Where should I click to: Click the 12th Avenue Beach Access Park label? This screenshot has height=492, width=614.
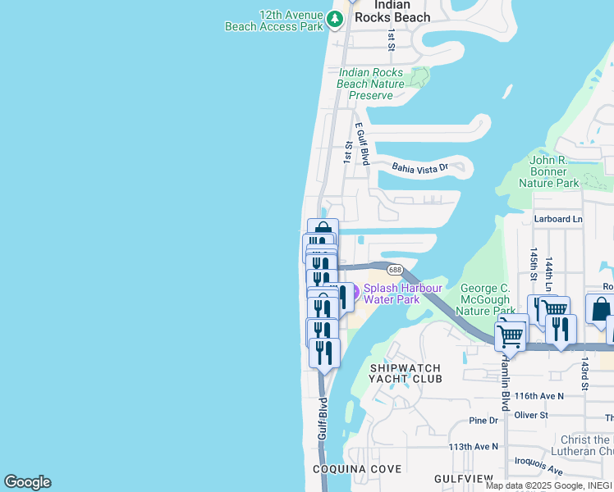[x=275, y=20]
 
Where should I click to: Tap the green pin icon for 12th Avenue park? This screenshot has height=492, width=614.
[x=335, y=18]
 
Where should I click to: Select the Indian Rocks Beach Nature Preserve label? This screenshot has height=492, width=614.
[x=371, y=84]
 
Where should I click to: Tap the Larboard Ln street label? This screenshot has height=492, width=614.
[x=557, y=220]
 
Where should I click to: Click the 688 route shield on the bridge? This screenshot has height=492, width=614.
[x=395, y=270]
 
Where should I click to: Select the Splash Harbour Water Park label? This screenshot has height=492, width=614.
[x=402, y=294]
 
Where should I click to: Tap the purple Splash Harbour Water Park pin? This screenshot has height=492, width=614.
[x=355, y=292]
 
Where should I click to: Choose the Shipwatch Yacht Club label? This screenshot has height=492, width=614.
[x=406, y=373]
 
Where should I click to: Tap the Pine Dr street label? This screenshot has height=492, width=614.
[x=483, y=421]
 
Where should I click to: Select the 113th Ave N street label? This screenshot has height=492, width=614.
[x=474, y=447]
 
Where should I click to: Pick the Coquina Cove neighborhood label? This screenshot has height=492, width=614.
[x=357, y=469]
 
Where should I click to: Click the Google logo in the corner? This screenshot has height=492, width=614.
[x=27, y=482]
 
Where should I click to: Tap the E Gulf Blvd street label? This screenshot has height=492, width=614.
[x=361, y=144]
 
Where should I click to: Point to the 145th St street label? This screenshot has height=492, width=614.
[x=534, y=264]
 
